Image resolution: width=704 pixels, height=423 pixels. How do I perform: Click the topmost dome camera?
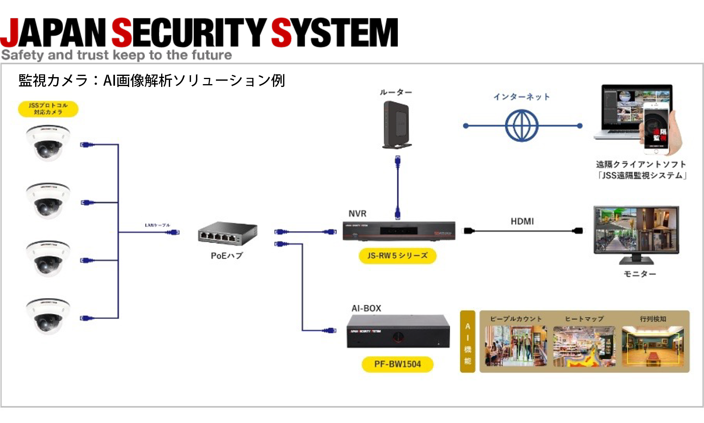[48, 143]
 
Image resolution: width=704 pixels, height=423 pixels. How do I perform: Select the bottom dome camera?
[48, 316]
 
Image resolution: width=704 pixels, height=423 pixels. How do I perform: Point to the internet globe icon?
[522, 126]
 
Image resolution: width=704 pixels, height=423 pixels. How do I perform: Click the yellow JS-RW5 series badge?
[397, 256]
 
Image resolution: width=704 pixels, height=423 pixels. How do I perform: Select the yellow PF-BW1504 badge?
[397, 364]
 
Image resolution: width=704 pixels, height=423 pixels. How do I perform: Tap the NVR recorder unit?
[399, 231]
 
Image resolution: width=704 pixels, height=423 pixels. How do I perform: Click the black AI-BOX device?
[398, 331]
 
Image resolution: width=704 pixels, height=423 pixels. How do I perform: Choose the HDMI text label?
[522, 221]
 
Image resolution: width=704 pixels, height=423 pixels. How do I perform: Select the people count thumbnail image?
[516, 346]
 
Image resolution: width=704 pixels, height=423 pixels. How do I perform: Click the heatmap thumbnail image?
[584, 346]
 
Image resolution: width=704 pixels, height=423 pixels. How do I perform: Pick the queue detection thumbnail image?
[653, 346]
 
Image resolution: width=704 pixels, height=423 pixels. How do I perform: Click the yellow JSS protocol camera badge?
[48, 109]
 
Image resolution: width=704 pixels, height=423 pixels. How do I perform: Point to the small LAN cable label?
[157, 225]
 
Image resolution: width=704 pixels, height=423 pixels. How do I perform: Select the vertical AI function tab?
[467, 342]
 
